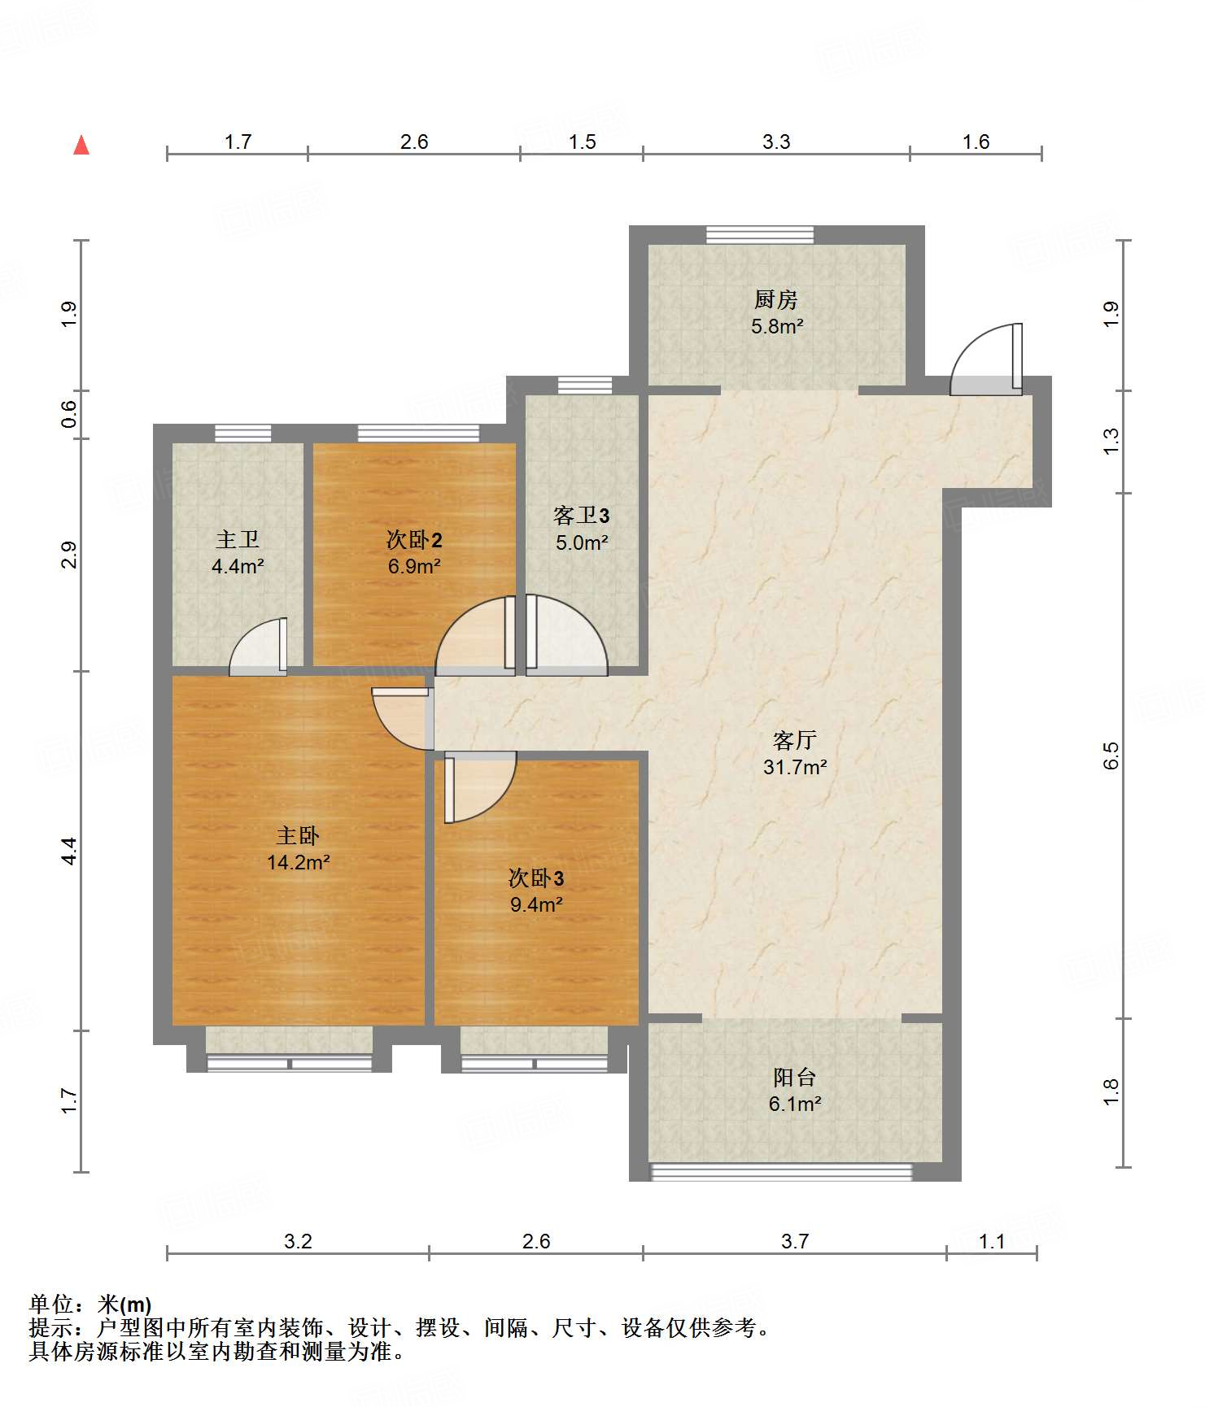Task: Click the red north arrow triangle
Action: pyautogui.click(x=81, y=145)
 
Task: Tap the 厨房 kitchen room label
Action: pyautogui.click(x=775, y=300)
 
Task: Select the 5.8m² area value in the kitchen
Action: pyautogui.click(x=777, y=327)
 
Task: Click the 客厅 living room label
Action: pyautogui.click(x=794, y=740)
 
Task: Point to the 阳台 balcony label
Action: pyautogui.click(x=794, y=1078)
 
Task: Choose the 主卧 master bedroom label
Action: pyautogui.click(x=298, y=835)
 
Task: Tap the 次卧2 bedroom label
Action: pyautogui.click(x=414, y=539)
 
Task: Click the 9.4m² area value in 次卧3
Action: pyautogui.click(x=536, y=904)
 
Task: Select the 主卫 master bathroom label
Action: pyautogui.click(x=238, y=539)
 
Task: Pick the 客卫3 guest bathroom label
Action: pyautogui.click(x=581, y=515)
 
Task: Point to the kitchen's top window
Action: pyautogui.click(x=760, y=235)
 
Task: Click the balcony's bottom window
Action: pyautogui.click(x=781, y=1172)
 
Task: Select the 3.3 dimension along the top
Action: pyautogui.click(x=776, y=142)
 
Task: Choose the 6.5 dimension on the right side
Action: pyautogui.click(x=1111, y=756)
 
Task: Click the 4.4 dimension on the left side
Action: pyautogui.click(x=69, y=851)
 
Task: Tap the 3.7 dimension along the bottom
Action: pyautogui.click(x=795, y=1241)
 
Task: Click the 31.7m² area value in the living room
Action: pyautogui.click(x=795, y=767)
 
